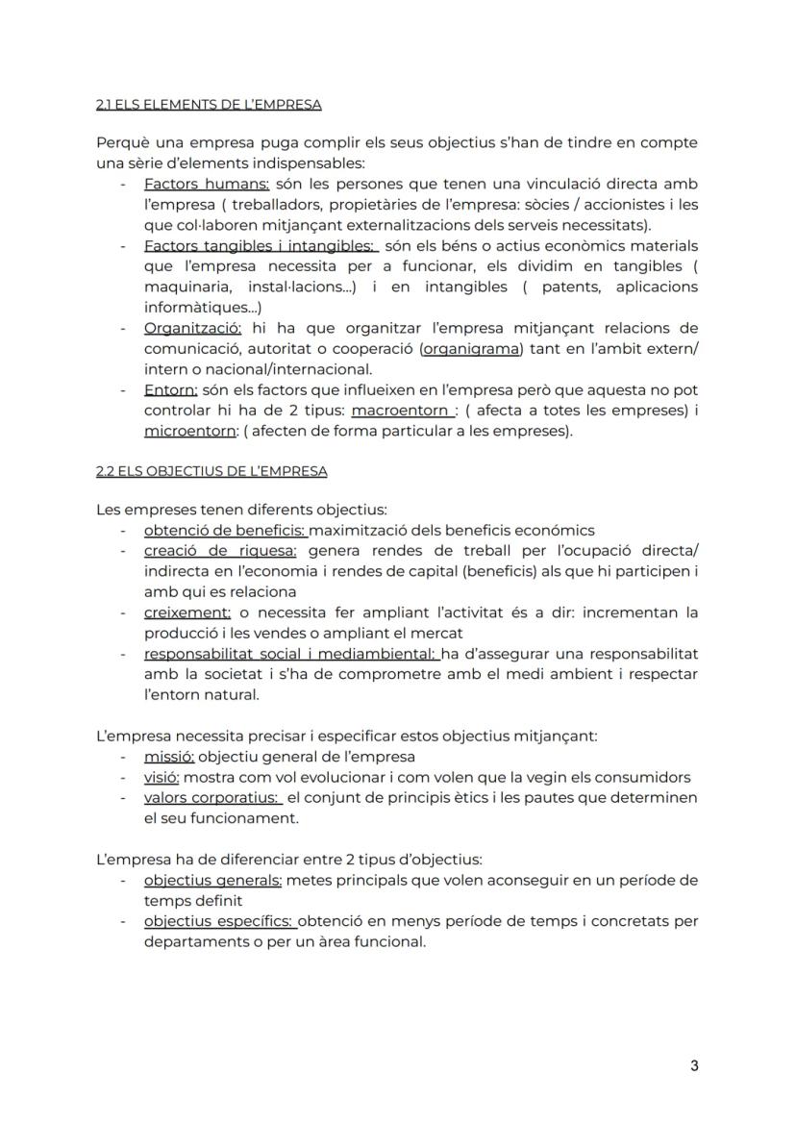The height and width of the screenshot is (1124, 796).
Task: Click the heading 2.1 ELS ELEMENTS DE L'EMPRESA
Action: tap(209, 104)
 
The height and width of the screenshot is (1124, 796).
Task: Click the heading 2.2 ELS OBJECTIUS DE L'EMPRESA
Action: tap(211, 471)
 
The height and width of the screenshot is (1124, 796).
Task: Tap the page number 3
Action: tap(693, 1065)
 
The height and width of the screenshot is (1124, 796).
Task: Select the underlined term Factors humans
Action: tap(206, 184)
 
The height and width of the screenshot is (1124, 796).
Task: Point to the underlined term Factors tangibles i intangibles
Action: tap(260, 246)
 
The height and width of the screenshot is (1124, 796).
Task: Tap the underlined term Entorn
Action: tap(170, 390)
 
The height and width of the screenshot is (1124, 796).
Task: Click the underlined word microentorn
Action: tap(189, 431)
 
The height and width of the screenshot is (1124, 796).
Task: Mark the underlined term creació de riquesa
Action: tap(220, 551)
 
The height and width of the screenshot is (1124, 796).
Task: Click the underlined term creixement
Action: tap(187, 612)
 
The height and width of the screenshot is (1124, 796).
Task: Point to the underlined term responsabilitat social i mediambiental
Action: tap(291, 654)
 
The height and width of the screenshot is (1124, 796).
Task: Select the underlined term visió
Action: tap(162, 777)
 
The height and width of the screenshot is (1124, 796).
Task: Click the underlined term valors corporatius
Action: tap(211, 798)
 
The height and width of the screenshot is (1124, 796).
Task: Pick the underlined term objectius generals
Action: tap(212, 881)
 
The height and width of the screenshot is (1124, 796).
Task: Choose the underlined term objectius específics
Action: tap(219, 922)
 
